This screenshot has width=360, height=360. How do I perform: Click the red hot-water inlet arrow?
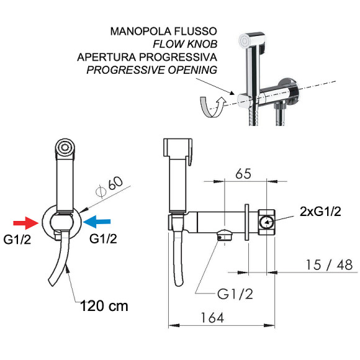point(26,223)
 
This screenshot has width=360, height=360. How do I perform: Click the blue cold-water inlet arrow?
point(97,222)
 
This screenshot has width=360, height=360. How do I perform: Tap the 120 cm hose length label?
point(104,306)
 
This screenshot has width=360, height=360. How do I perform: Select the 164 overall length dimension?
point(212,318)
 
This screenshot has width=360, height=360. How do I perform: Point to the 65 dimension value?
point(243,174)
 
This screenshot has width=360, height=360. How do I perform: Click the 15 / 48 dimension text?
point(329,264)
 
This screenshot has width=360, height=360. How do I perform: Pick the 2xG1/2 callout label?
point(320,212)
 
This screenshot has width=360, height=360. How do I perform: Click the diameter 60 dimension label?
point(109,187)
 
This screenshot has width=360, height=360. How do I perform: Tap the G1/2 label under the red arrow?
point(17,240)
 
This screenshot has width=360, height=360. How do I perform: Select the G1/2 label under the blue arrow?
point(103,239)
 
